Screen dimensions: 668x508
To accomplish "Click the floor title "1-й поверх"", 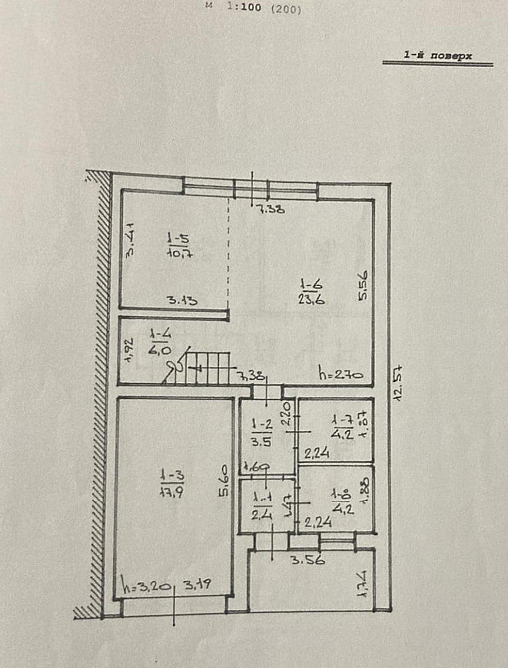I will [438, 57].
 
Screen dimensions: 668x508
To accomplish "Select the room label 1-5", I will [178, 238].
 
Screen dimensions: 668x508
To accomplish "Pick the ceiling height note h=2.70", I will [339, 375].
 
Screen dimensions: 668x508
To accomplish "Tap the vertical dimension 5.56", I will [364, 285].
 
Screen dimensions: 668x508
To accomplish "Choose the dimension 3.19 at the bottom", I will [198, 585].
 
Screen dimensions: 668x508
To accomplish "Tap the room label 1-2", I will [260, 424].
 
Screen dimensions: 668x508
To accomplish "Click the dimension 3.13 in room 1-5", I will [182, 300].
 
